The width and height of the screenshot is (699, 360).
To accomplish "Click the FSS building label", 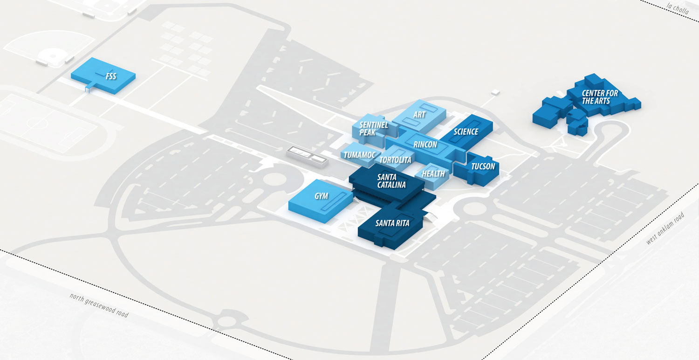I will point(110,76).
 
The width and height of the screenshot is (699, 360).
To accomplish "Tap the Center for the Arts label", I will point(600,97).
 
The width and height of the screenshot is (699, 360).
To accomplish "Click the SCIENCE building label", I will point(466,132).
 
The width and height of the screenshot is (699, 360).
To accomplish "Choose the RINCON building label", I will point(425,145).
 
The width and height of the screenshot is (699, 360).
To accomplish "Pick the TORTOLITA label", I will point(395,160).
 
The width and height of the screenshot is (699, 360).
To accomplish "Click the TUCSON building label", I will point(483,166).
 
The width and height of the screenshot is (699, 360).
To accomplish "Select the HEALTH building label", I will point(433,173).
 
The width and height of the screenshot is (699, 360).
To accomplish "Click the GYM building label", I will point(321,196).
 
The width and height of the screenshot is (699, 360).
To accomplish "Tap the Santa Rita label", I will point(392,223).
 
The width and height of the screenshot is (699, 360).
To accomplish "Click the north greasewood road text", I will point(99,305).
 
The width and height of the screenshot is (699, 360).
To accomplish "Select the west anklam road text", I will point(665,228).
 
